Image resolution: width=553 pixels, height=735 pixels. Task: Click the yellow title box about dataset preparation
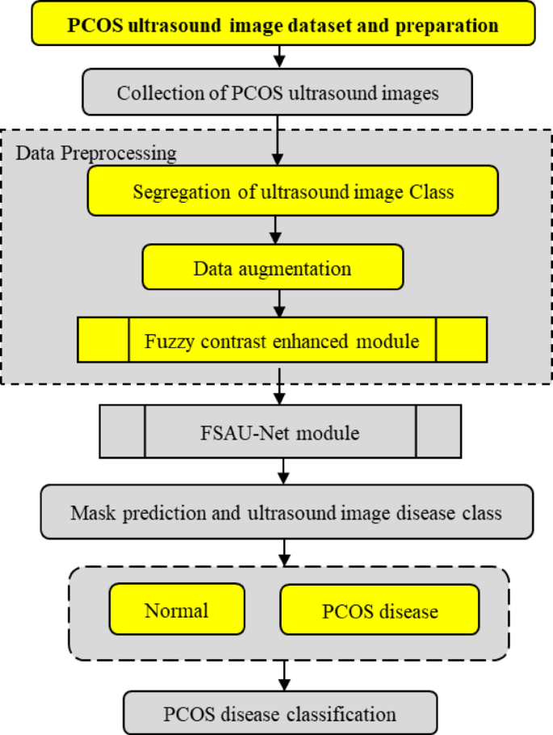pos(283,23)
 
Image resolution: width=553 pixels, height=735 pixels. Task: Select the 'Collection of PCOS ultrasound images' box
pos(278,93)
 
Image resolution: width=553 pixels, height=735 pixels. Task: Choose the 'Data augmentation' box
pos(272,268)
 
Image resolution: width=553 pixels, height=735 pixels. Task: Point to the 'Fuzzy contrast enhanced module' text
pos(282,341)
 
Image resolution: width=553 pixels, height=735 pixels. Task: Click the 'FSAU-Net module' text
pos(280,433)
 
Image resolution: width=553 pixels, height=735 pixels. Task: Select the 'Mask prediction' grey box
pos(286,512)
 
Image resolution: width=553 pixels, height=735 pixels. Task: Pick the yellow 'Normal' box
pos(176,610)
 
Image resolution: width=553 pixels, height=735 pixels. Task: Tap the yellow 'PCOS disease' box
pos(379,610)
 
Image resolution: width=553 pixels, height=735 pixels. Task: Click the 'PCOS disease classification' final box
pos(280,713)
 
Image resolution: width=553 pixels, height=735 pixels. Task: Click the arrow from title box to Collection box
pos(279,56)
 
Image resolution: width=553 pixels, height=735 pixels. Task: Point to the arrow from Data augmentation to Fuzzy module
pos(279,303)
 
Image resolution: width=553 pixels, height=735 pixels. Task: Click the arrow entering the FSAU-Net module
pos(279,391)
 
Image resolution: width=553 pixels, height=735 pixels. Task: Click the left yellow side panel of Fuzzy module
pos(103,339)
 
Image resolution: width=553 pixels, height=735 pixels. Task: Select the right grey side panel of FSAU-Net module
pos(438,432)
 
